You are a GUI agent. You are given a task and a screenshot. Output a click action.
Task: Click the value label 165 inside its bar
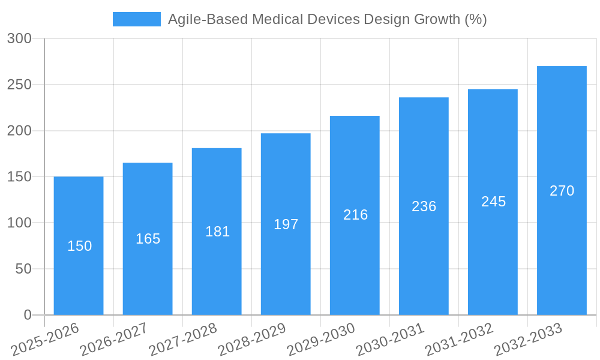point(148,239)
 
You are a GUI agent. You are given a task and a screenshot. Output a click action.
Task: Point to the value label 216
point(355,215)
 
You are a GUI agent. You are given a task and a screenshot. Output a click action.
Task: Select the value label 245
point(493,202)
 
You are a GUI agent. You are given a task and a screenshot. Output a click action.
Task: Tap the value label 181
point(217,232)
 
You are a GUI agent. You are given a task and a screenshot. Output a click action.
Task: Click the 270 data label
point(562,191)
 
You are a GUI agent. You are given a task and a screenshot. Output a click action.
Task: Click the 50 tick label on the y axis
point(23,269)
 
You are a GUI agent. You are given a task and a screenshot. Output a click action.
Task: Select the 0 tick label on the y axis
point(28,315)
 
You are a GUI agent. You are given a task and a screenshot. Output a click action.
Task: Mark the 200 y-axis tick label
point(19,131)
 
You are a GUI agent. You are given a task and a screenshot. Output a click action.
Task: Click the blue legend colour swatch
point(137,19)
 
